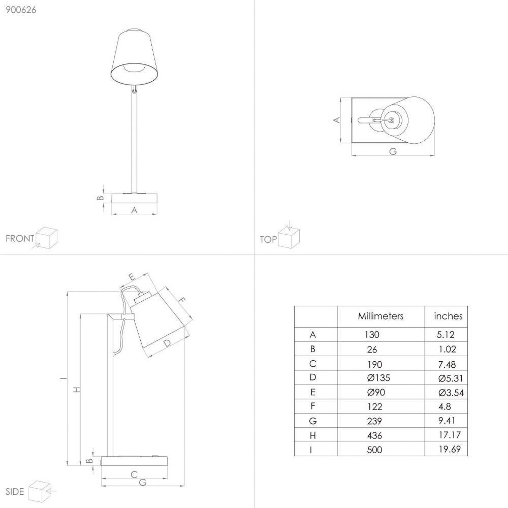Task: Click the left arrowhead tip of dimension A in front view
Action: [x=112, y=214]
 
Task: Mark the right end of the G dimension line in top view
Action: [x=434, y=155]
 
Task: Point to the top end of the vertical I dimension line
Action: [x=67, y=292]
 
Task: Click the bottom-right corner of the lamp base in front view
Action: [x=157, y=204]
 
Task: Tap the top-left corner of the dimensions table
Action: [x=294, y=306]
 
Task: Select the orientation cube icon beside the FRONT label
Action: [x=46, y=238]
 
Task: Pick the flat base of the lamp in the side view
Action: [x=134, y=461]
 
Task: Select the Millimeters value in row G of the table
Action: [x=374, y=421]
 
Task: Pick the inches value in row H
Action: [x=450, y=435]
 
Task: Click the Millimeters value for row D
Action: [x=378, y=378]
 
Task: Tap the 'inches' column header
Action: [x=448, y=316]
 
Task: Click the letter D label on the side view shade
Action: [x=167, y=343]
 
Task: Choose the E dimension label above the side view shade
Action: [x=132, y=277]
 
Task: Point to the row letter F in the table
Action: [x=313, y=406]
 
